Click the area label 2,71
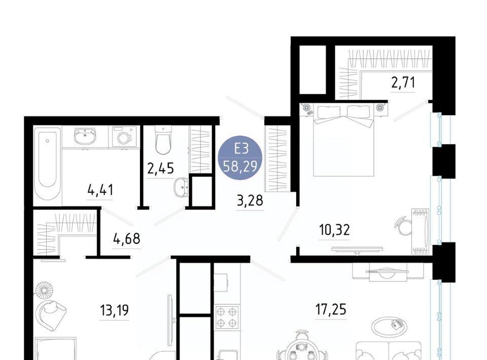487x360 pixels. coord(403,83)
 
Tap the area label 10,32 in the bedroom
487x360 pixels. coord(334,230)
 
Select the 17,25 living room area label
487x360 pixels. coord(331,309)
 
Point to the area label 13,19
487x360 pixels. coord(114,310)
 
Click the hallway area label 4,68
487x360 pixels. coord(127,239)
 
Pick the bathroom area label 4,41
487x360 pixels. coord(100,190)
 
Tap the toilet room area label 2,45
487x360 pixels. coord(160,168)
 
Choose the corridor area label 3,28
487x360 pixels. coord(250,200)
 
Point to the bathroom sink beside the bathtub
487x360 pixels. coord(85,136)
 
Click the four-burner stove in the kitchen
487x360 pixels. coord(227,317)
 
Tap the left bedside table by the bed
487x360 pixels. coord(307,109)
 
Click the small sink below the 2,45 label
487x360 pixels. coord(182,187)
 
